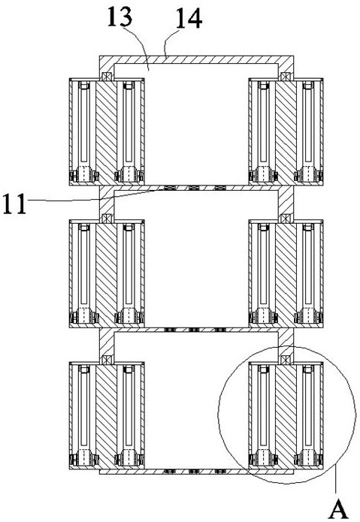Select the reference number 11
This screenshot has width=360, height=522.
14,204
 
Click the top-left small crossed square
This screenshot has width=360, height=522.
107,77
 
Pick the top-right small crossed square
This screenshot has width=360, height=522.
286,77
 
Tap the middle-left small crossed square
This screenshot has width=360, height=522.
107,219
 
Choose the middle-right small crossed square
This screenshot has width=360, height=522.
286,219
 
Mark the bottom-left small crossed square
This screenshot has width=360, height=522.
107,360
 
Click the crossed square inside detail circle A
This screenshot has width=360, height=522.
286,360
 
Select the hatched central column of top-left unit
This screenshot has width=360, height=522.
106,132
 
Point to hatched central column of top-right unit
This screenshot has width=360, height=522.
286,132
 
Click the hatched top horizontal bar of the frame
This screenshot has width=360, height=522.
196,60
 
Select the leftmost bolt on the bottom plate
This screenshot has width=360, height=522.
170,472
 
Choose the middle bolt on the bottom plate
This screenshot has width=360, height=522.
194,472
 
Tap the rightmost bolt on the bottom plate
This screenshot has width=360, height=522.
219,472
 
